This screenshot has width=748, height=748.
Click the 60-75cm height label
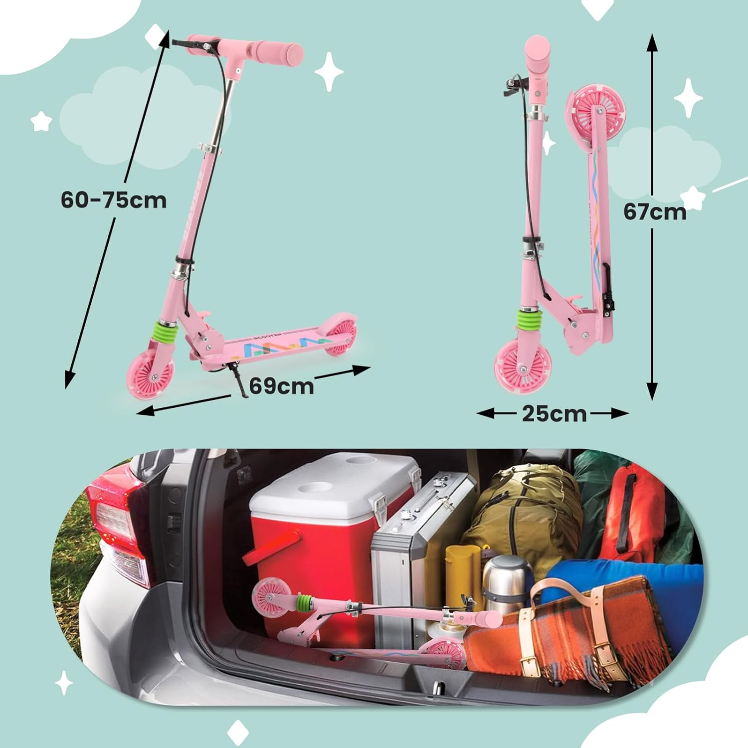114,200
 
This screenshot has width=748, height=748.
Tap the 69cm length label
282,385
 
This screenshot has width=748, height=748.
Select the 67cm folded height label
655,212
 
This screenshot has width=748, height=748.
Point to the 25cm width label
555,413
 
